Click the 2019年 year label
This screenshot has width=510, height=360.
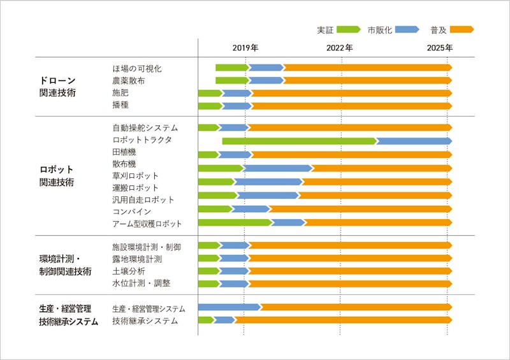pos(245,48)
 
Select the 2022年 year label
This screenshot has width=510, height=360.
pos(340,48)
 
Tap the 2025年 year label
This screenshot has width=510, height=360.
pos(440,48)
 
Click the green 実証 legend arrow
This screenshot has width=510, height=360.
pos(349,29)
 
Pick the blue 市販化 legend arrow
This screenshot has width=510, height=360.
pos(407,29)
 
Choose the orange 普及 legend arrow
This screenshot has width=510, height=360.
pos(462,29)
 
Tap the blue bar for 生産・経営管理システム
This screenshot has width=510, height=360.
pos(229,307)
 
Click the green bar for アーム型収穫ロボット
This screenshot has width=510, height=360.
pos(235,222)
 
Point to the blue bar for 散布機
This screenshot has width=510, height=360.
pos(279,168)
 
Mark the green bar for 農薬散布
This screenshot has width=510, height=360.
pos(231,80)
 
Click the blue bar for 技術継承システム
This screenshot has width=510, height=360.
pos(224,320)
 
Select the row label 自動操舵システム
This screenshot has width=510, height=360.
pos(145,128)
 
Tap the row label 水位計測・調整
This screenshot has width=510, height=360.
pos(141,283)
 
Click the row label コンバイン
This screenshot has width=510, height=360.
pos(131,212)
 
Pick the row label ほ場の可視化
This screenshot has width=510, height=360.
pos(136,69)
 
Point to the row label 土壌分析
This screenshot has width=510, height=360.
pos(128,271)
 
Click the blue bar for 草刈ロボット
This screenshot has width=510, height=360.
pos(268,182)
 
